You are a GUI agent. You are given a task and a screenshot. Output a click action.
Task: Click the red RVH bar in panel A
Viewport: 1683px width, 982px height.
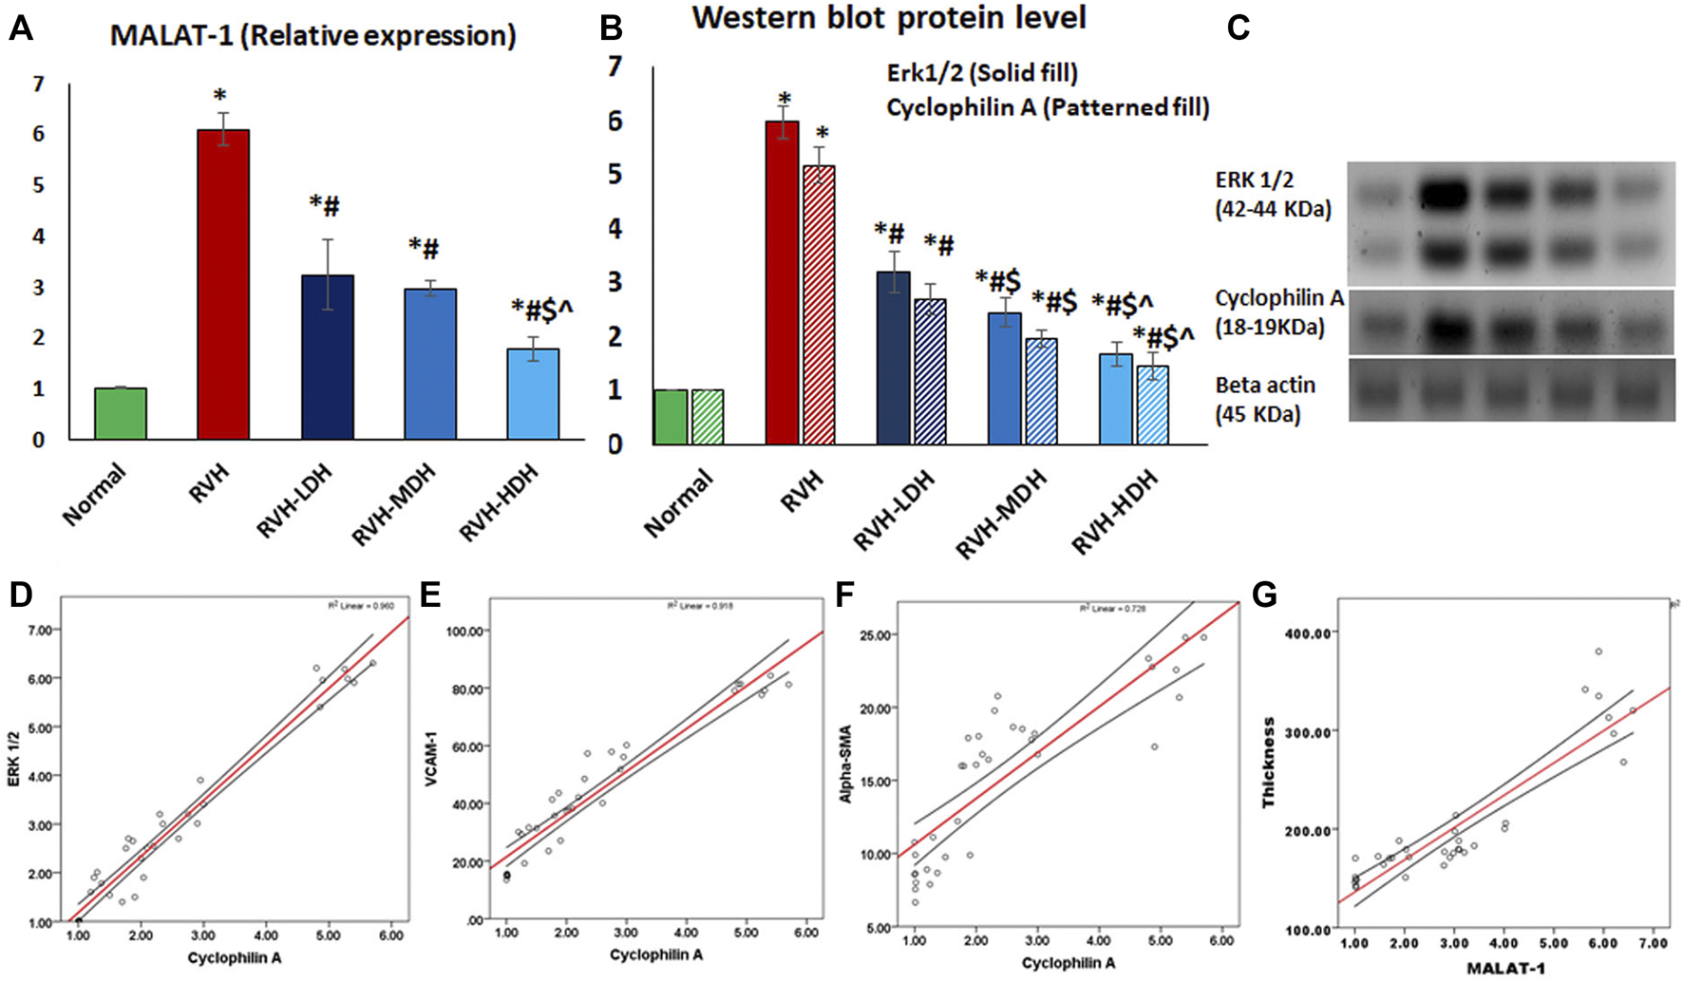click(223, 285)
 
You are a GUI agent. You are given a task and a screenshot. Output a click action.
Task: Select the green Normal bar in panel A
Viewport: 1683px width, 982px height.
click(121, 414)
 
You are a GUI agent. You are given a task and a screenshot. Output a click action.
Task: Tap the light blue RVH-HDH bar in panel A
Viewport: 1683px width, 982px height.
click(533, 394)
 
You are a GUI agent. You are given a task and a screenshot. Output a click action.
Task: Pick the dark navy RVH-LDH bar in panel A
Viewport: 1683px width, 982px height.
click(328, 357)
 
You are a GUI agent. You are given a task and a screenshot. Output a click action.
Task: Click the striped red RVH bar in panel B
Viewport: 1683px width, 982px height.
click(819, 305)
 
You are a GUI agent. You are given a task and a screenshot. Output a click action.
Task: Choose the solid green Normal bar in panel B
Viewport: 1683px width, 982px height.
click(671, 417)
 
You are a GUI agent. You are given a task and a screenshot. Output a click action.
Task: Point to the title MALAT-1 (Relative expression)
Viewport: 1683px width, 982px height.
click(312, 36)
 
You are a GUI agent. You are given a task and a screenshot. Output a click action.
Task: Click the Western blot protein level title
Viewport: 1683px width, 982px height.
click(888, 18)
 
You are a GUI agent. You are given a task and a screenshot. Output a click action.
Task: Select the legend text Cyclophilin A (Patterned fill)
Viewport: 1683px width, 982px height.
click(1048, 107)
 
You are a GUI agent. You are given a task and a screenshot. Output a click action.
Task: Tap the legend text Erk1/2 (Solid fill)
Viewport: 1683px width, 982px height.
click(982, 73)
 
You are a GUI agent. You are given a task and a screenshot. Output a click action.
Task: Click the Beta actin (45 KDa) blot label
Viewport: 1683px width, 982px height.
click(1265, 399)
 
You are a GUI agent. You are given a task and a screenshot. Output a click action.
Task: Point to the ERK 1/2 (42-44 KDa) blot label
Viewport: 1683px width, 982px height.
click(1273, 194)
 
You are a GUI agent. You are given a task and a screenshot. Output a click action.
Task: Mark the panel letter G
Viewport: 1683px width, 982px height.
click(1264, 595)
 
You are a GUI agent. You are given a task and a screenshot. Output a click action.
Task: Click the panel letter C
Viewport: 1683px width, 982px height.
click(1238, 28)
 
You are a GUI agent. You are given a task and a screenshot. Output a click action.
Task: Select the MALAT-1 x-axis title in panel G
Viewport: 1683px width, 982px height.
click(1504, 968)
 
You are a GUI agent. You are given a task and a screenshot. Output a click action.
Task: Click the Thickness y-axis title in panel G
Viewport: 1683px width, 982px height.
click(1268, 764)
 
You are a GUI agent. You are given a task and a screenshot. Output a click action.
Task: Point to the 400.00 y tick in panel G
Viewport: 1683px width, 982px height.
click(1310, 633)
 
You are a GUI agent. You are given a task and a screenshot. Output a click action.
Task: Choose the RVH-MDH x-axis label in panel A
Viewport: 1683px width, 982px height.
click(394, 504)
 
